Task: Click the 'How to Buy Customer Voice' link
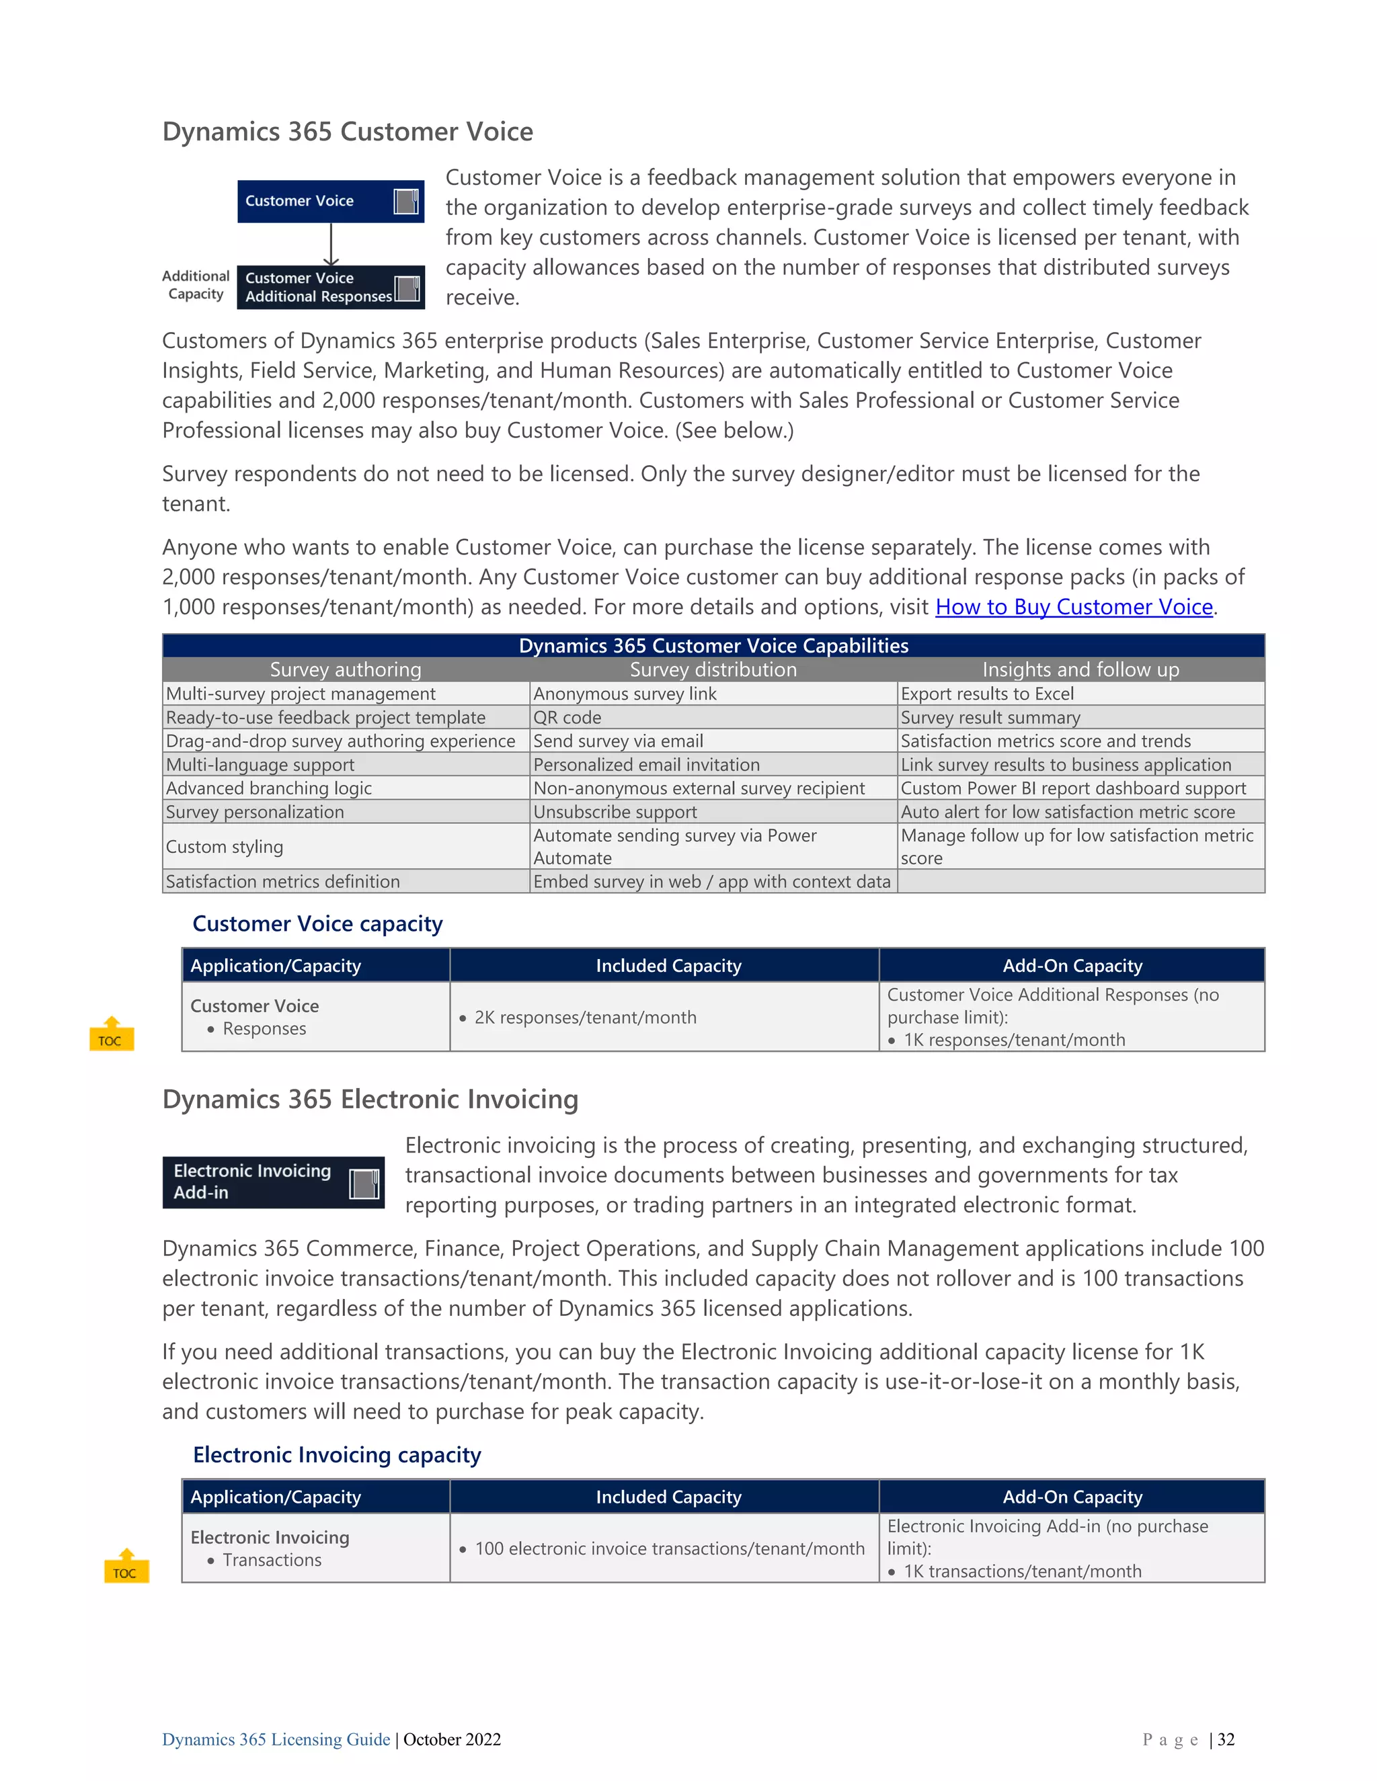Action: tap(1074, 607)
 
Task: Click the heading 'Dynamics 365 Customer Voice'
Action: tap(348, 132)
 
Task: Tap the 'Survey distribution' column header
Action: tap(713, 669)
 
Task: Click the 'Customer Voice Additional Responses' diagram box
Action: tap(330, 287)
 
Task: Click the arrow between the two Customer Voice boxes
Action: tap(330, 244)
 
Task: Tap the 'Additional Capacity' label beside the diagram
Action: tap(196, 286)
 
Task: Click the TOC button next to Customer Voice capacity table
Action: tap(111, 1034)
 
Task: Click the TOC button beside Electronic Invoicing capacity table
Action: tap(126, 1567)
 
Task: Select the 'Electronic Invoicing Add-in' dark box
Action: tap(272, 1182)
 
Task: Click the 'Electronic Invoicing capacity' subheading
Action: tap(337, 1455)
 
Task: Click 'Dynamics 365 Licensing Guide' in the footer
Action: tap(276, 1739)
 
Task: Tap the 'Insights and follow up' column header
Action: tap(1080, 669)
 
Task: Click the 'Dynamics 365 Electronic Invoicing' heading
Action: tap(370, 1100)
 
